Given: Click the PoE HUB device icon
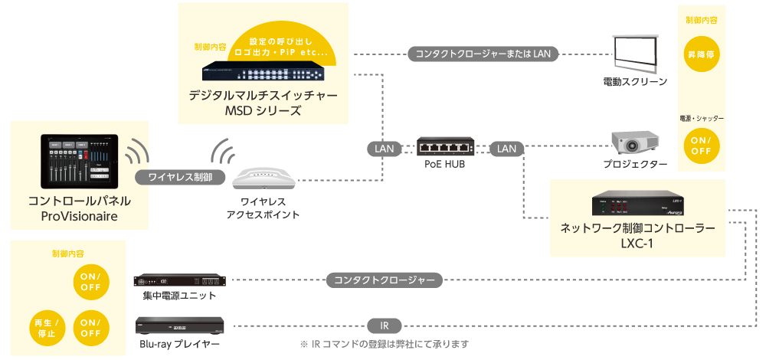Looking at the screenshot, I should [445, 146].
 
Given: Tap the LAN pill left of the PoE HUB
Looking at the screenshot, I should [385, 149].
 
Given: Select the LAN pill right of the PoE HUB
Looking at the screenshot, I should [506, 149].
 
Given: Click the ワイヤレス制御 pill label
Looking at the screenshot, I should [181, 178].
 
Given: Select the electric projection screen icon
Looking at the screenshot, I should [636, 53].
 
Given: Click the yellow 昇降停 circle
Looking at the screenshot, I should [702, 56].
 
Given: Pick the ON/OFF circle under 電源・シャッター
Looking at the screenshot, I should [702, 146].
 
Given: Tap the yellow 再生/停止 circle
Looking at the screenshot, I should [46, 328].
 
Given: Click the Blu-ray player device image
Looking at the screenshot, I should [179, 325].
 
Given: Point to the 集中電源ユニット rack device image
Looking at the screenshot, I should [180, 280].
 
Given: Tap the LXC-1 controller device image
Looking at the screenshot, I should [638, 205].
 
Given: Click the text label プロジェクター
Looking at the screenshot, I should [635, 165].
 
